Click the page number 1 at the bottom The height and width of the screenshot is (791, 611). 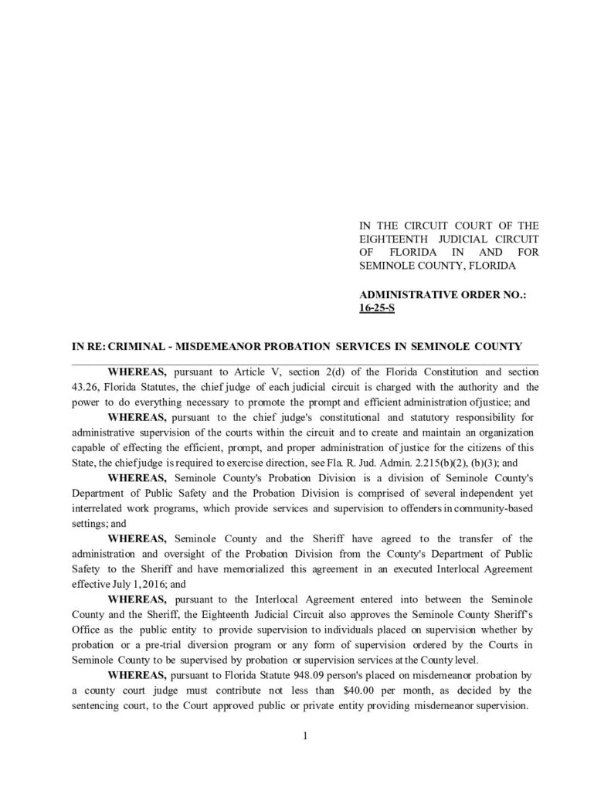click(x=305, y=735)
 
